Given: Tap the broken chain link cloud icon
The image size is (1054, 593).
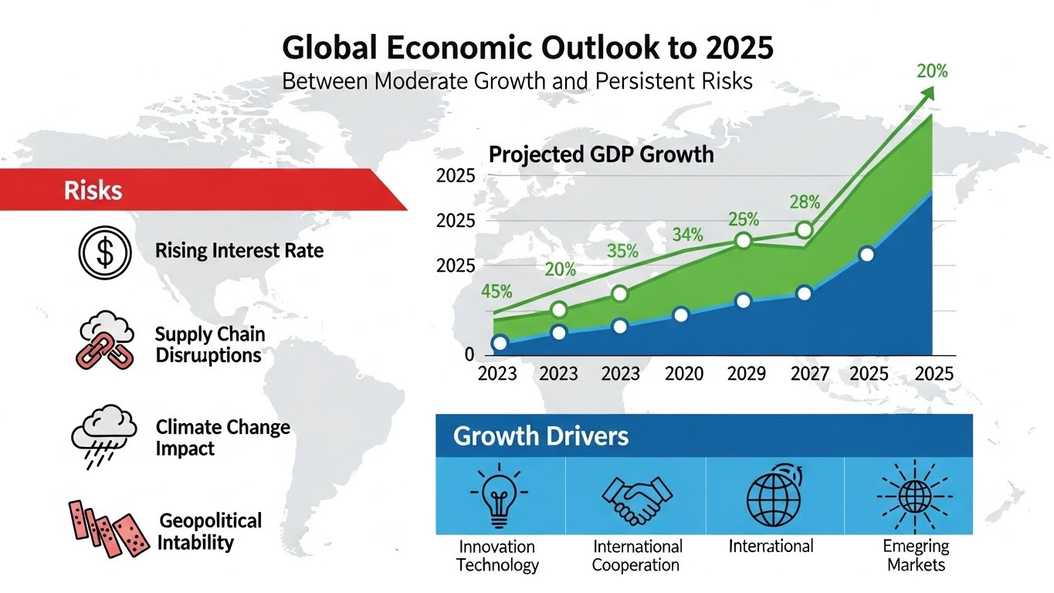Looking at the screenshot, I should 105,341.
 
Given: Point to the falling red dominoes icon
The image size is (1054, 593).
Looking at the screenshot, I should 108,528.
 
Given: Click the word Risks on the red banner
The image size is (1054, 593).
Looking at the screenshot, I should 93,191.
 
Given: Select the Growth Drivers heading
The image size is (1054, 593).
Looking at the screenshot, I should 541,436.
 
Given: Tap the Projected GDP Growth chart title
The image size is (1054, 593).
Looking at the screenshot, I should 602,154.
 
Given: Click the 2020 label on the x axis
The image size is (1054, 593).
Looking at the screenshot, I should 684,374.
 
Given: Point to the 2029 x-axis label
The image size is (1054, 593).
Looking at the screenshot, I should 747,374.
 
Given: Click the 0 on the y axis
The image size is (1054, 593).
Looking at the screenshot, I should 469,355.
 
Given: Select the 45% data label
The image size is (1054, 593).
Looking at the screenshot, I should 496,292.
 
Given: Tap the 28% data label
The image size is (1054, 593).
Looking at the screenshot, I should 804,202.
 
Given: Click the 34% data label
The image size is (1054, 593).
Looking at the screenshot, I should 688,234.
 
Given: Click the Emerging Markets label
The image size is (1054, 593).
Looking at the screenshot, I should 916,555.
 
